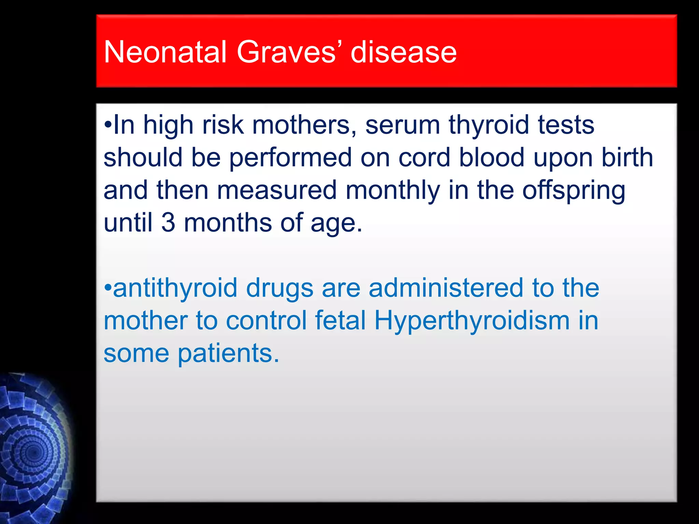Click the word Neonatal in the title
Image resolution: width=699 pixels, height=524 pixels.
[x=165, y=52]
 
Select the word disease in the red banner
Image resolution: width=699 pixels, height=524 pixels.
[x=403, y=52]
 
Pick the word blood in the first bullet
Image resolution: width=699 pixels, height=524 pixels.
[x=491, y=157]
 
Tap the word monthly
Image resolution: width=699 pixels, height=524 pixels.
[x=393, y=190]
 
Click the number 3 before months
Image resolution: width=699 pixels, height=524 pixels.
[x=168, y=222]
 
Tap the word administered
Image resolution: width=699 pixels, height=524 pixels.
[x=446, y=288]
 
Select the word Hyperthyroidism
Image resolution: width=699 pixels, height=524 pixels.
[x=472, y=321]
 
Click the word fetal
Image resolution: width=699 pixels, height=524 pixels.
[x=340, y=320]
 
